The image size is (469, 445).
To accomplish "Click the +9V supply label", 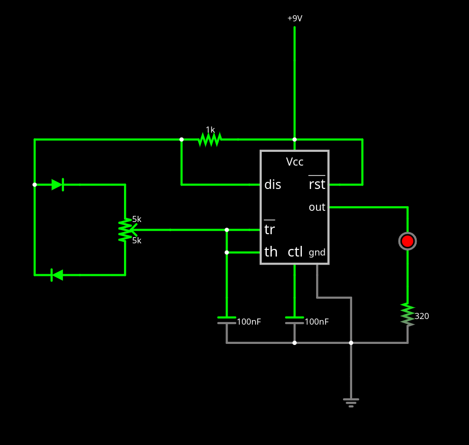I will tap(295, 19).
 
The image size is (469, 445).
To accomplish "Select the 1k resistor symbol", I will tap(210, 140).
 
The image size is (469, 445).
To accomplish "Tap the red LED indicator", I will tap(408, 241).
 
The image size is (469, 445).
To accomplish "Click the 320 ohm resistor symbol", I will tap(408, 315).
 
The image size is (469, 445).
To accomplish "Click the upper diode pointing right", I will tap(57, 185).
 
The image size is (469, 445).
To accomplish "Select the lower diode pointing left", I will tap(57, 275).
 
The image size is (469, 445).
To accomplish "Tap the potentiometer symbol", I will tap(125, 230).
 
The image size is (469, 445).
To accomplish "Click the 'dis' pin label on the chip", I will tap(273, 185).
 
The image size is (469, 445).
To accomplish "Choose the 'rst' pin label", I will tap(317, 184).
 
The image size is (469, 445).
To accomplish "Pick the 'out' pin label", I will tap(317, 207).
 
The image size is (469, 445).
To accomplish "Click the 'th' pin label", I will tap(271, 252).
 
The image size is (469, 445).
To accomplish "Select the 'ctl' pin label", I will tap(295, 252).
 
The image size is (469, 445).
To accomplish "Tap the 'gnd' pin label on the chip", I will tap(317, 252).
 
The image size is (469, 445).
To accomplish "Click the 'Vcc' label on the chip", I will tap(295, 162).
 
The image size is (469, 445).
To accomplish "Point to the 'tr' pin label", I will tap(269, 230).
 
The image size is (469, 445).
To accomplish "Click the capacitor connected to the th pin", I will tap(227, 321).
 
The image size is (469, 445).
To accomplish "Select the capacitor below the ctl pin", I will tap(295, 321).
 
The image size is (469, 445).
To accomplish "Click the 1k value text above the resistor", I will tap(210, 130).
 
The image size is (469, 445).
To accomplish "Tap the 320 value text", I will tap(422, 316).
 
